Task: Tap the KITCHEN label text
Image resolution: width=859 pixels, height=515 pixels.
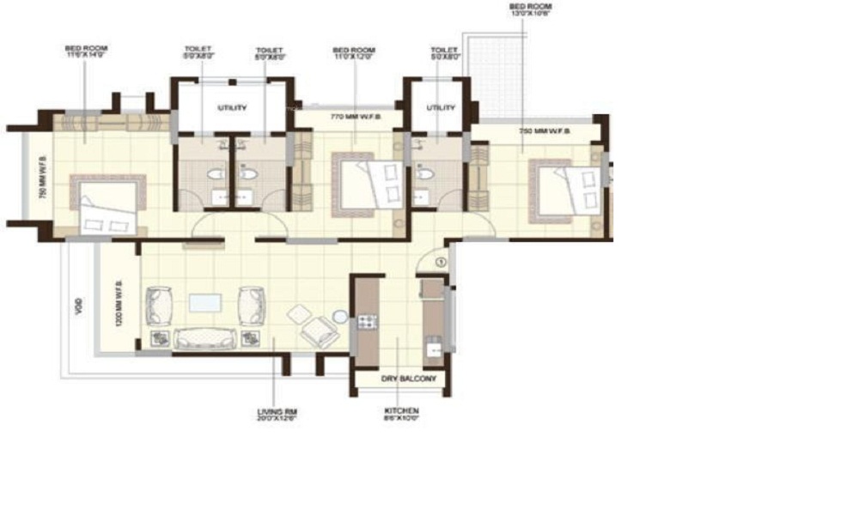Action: click(401, 412)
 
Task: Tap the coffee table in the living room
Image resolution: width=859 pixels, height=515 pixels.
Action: click(205, 303)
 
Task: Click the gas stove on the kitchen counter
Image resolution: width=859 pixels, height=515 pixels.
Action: click(368, 322)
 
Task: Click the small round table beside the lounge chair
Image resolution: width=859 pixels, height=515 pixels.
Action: click(341, 317)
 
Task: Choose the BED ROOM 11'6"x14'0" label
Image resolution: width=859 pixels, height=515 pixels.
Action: click(86, 49)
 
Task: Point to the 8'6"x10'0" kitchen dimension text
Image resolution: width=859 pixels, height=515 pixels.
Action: click(401, 421)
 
